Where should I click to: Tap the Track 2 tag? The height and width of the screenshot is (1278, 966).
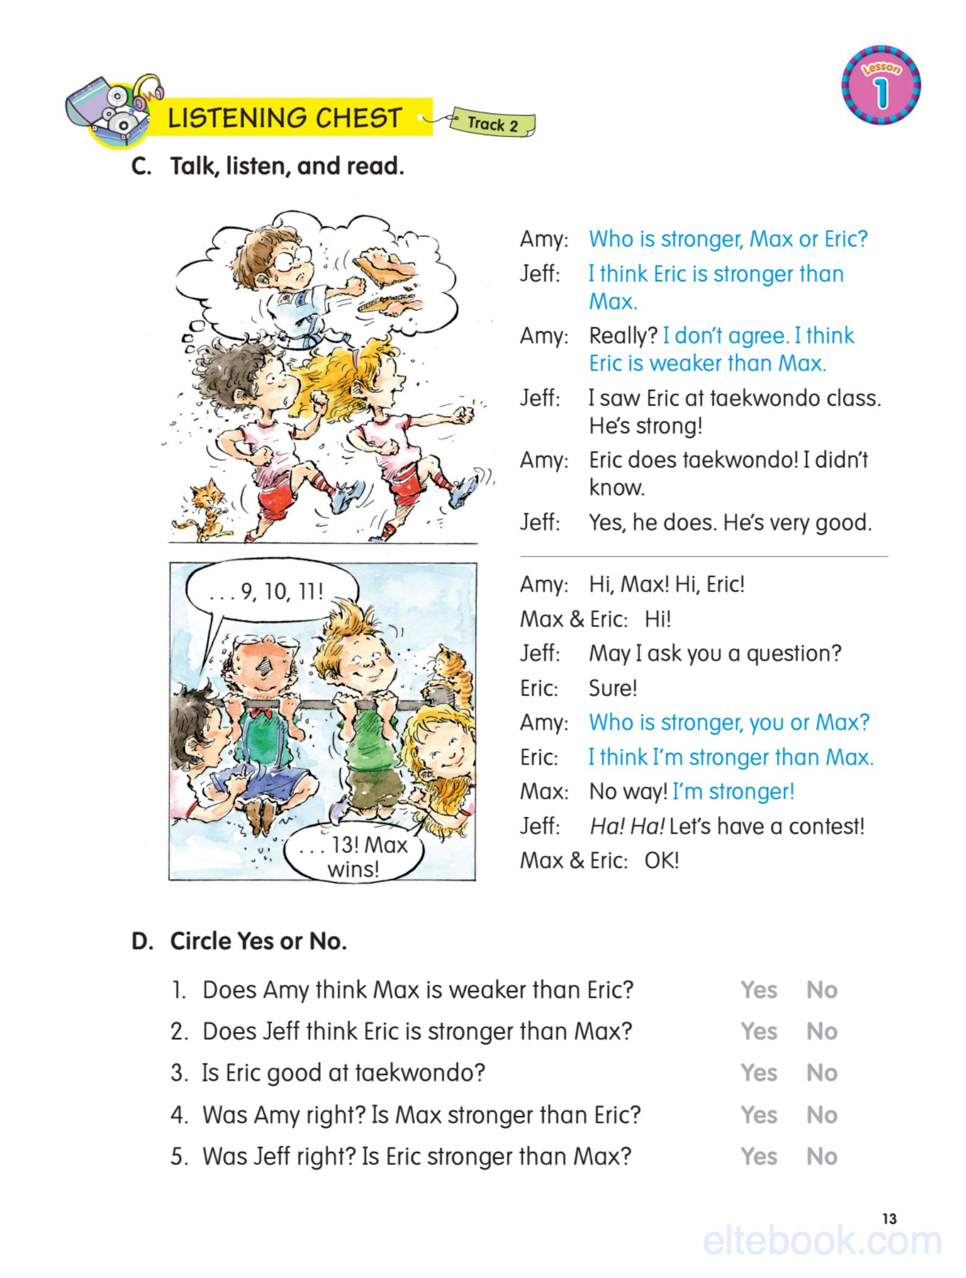(x=492, y=124)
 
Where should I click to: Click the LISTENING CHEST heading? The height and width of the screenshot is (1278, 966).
(x=285, y=118)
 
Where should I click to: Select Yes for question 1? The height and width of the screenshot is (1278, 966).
(x=759, y=990)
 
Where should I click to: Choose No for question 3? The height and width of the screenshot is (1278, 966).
(x=822, y=1073)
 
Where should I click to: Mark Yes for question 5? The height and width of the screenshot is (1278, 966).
(x=759, y=1156)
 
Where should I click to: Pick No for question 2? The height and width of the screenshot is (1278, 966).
(x=822, y=1031)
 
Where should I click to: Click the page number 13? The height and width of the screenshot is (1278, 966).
(x=889, y=1219)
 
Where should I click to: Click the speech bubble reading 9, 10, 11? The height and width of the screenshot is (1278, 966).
(x=266, y=591)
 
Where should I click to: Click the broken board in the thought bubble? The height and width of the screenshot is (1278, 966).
(x=384, y=265)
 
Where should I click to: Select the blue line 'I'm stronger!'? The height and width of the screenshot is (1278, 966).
(x=733, y=792)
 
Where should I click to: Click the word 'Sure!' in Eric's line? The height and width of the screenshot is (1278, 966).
(x=613, y=688)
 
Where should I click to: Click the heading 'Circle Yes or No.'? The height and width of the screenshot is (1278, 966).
(x=258, y=941)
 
